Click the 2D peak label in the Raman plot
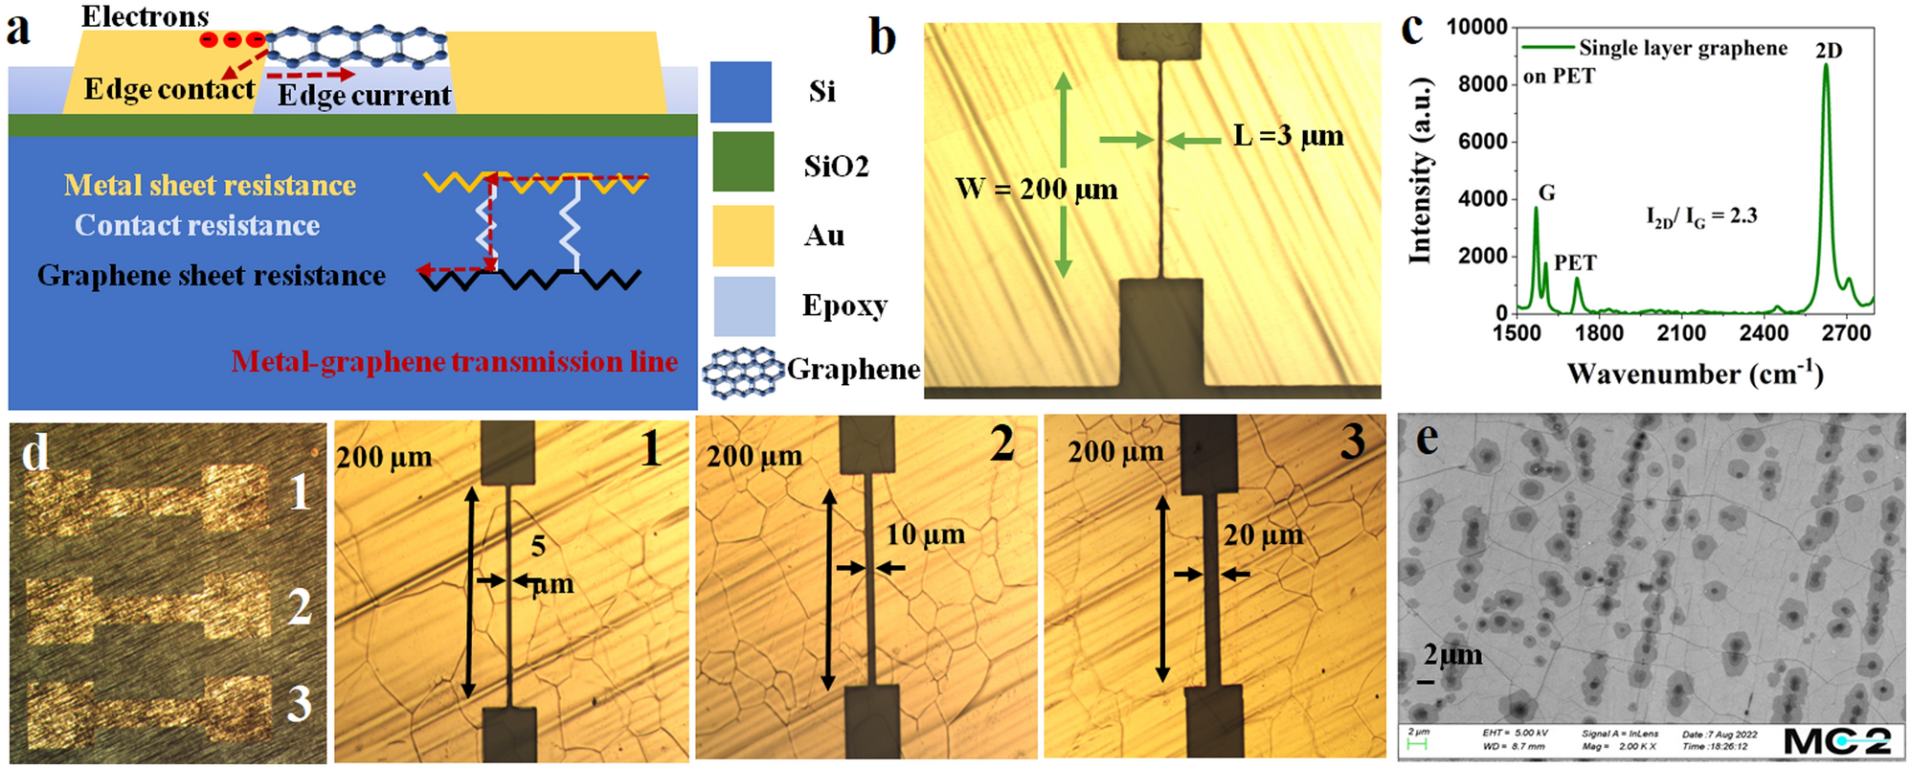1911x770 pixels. [x=1828, y=51]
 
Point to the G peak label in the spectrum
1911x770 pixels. [x=1546, y=192]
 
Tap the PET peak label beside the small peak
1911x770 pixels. [x=1575, y=262]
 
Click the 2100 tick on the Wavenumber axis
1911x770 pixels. [x=1681, y=332]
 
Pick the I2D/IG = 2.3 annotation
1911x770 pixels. [x=1701, y=216]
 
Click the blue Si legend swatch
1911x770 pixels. [x=741, y=92]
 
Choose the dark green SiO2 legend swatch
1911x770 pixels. [x=742, y=162]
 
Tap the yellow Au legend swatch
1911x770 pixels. [x=742, y=235]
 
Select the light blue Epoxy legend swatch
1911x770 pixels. [x=744, y=306]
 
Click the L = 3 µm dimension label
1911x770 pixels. [x=1288, y=136]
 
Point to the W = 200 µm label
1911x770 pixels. [x=1036, y=189]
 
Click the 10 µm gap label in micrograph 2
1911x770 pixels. [x=925, y=533]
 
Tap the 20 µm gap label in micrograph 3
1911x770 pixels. [x=1263, y=534]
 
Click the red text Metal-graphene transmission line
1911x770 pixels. [x=454, y=361]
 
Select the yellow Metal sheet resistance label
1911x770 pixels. [x=210, y=185]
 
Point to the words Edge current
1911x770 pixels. [x=364, y=95]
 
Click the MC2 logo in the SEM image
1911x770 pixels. [x=1837, y=740]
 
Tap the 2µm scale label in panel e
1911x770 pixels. [x=1451, y=655]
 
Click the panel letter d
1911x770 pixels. [x=35, y=452]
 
